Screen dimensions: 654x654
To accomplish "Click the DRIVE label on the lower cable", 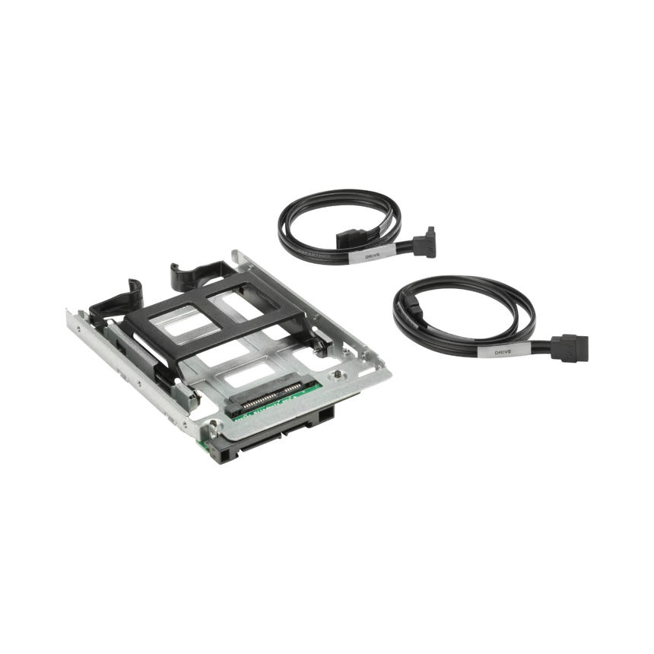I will tap(503, 352).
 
